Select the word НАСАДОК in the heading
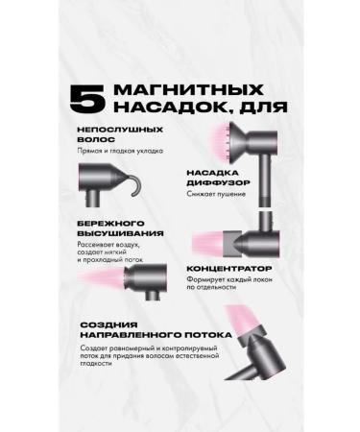click(158, 108)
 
